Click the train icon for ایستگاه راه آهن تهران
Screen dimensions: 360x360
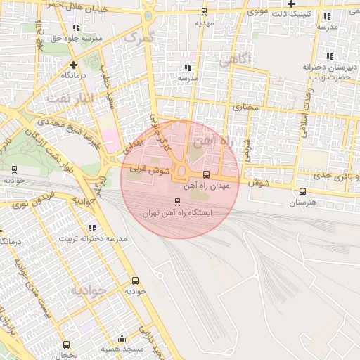click(176, 202)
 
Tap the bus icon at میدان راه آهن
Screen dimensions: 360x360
click(206, 174)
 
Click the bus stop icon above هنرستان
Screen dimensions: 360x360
click(302, 191)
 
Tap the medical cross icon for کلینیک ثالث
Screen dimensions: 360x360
click(291, 4)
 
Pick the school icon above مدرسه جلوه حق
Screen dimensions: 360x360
click(76, 27)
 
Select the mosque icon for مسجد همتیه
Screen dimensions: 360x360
click(123, 338)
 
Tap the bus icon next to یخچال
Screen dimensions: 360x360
click(66, 345)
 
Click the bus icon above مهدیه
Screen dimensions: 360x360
click(204, 12)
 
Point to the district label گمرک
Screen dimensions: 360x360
click(137, 38)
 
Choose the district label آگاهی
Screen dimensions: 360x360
click(234, 60)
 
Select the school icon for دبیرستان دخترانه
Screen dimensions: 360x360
click(330, 56)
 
